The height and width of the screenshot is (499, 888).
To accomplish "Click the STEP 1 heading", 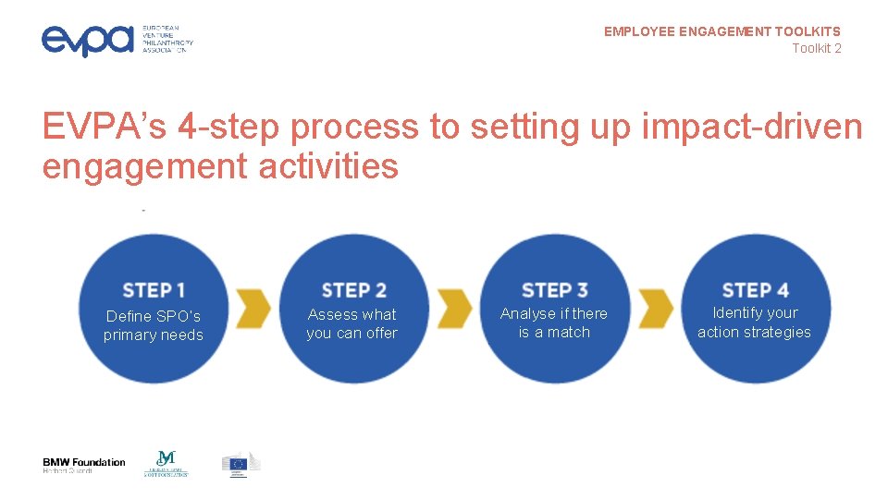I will coord(154,290).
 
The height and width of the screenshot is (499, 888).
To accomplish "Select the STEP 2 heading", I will coord(353,290).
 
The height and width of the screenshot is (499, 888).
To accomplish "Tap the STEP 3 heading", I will coord(554,290).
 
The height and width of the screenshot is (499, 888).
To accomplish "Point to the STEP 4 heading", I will coord(755,290).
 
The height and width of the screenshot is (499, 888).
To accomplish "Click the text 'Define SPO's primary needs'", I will coord(154,325).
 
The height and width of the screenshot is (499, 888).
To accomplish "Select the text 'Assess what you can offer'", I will coord(352,323).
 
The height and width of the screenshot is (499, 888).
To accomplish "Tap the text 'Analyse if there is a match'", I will coord(554,323).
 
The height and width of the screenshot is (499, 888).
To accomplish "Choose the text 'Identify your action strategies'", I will coord(755,323).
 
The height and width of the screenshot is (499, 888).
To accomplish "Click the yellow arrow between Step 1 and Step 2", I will coord(253,308).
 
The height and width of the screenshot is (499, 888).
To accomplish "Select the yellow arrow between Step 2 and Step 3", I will coord(454,308).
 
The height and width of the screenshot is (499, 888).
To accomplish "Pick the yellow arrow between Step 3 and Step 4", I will coord(655,308).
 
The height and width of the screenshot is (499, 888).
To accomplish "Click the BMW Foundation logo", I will coord(83,466).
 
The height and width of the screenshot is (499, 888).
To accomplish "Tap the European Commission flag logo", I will coord(240,464).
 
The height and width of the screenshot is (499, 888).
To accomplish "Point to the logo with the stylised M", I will coord(166,463).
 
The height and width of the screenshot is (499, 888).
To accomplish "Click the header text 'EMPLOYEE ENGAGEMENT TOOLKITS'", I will coord(722,31).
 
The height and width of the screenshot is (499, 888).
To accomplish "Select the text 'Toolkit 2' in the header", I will coord(816,48).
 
